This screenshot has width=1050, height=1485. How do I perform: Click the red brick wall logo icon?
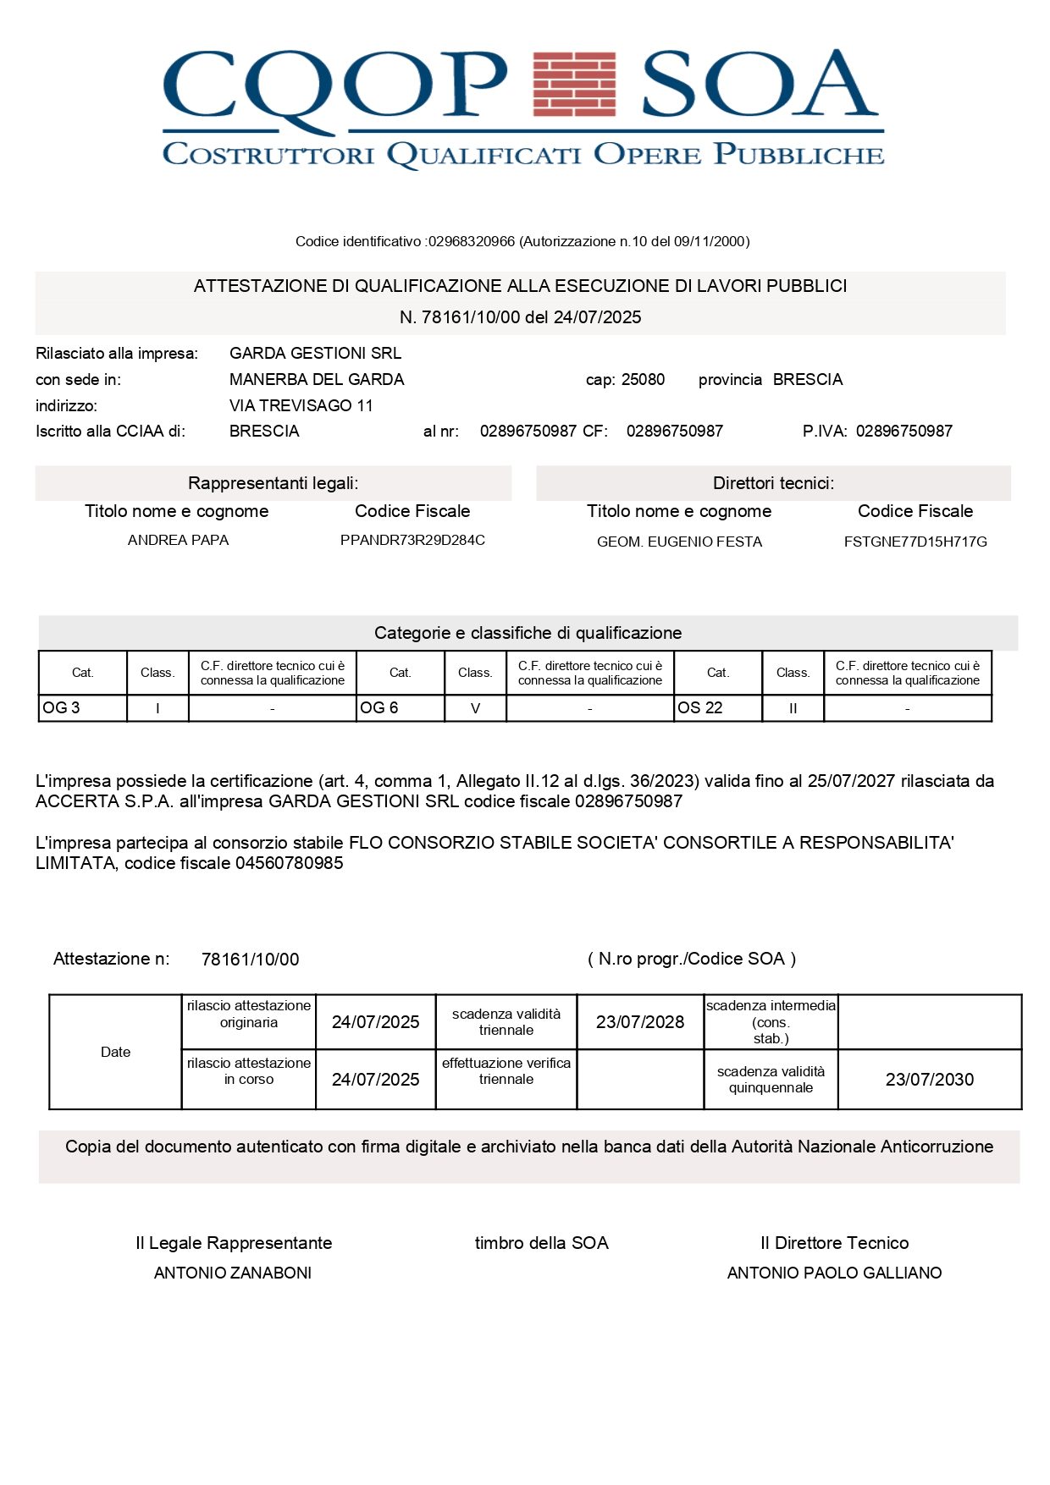[574, 84]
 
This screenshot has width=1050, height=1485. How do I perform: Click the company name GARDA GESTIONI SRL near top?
[315, 353]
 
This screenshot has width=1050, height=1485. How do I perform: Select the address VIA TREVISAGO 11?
[301, 405]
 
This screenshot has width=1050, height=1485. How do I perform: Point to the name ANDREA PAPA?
[178, 540]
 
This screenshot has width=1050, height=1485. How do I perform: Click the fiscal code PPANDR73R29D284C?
[412, 540]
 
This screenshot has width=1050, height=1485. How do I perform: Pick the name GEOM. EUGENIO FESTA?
[679, 542]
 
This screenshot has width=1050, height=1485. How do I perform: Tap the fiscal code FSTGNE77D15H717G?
[915, 542]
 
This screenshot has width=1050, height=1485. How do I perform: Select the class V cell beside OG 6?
[475, 708]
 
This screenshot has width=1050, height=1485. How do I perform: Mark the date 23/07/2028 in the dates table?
[639, 1022]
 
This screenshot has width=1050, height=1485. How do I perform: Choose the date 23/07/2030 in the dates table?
[929, 1080]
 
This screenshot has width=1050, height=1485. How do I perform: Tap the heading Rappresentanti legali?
[273, 483]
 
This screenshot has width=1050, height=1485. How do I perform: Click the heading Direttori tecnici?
[773, 483]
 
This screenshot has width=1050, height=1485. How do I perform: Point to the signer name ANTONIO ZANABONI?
[233, 1273]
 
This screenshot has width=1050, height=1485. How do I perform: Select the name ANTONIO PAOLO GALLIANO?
[834, 1273]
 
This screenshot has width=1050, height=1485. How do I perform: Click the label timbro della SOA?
[541, 1243]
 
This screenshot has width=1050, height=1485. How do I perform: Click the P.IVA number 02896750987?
[904, 431]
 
